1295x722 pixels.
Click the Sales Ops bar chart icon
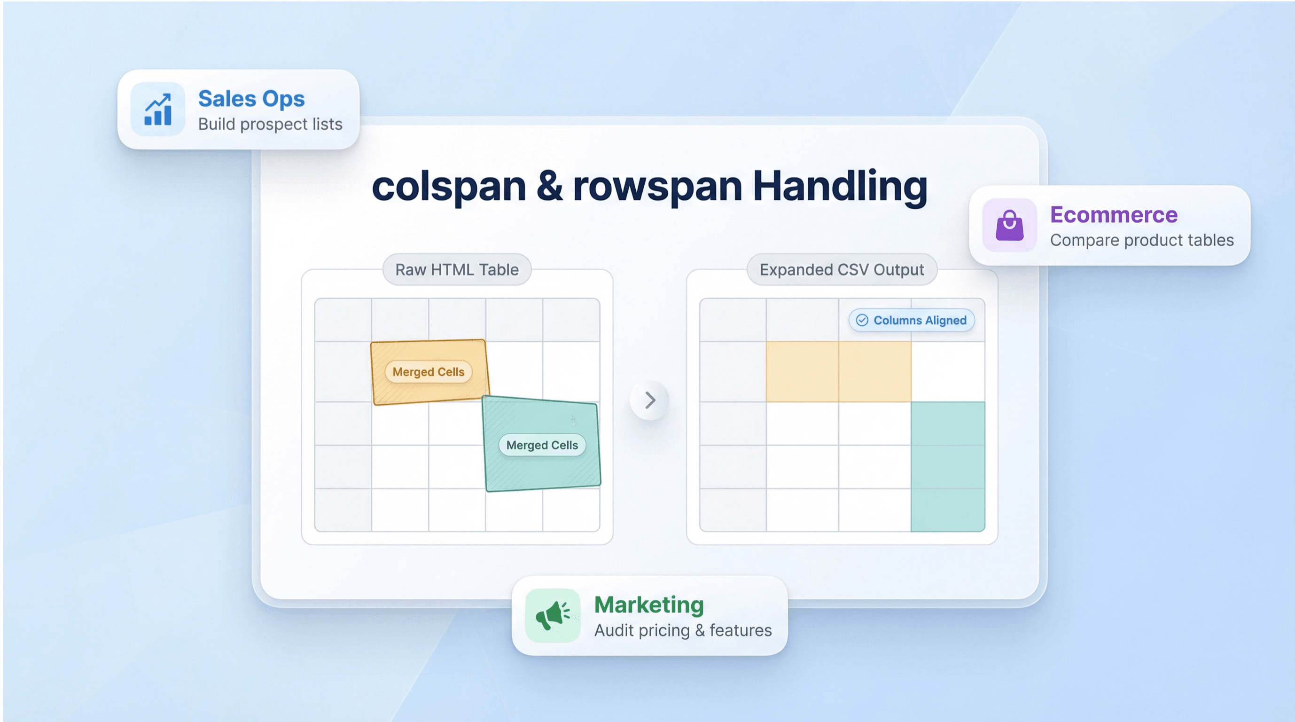click(158, 109)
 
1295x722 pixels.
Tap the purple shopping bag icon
click(1009, 225)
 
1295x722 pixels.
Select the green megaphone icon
click(553, 615)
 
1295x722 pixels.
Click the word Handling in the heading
click(840, 187)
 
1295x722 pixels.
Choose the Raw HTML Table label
click(456, 269)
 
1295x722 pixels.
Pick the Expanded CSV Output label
click(842, 269)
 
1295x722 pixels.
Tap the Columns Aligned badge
click(912, 320)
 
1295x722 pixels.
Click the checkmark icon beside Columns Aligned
click(862, 320)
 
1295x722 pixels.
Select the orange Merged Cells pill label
click(429, 372)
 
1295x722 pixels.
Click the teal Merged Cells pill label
click(542, 445)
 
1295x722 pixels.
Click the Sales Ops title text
click(251, 99)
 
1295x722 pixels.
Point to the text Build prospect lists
click(270, 124)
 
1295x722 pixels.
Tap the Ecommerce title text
click(1114, 215)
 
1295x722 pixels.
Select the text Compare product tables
click(1142, 240)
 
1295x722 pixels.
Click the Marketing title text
click(648, 605)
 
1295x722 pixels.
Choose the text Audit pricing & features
click(683, 630)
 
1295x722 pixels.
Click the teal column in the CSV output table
click(948, 467)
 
